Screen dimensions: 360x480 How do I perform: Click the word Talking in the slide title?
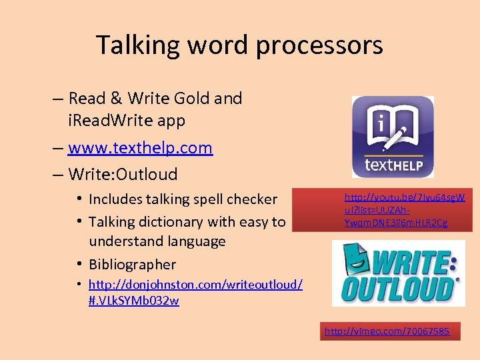click(x=137, y=45)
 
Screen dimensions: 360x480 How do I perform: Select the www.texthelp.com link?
click(x=140, y=147)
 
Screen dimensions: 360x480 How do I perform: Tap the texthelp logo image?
click(x=393, y=137)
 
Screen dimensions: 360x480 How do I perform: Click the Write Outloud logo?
click(x=399, y=273)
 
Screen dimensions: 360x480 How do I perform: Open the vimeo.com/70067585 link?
click(x=387, y=331)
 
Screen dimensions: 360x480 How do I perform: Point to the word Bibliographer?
click(x=132, y=264)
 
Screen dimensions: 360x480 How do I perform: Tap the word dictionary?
click(x=182, y=221)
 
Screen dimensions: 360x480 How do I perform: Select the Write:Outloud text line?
click(x=123, y=175)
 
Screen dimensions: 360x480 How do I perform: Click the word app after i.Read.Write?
click(x=174, y=121)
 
